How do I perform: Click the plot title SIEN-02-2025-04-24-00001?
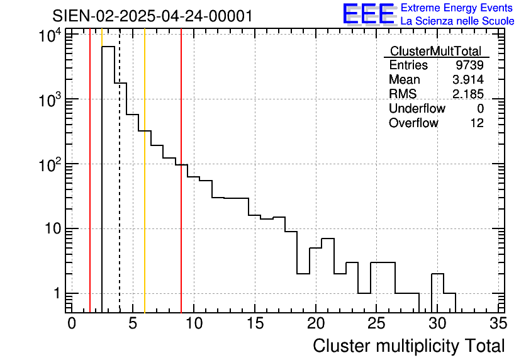click(x=152, y=16)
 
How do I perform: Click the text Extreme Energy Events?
click(x=457, y=8)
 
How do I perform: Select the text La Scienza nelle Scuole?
click(x=457, y=21)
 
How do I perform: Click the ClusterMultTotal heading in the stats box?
click(x=435, y=51)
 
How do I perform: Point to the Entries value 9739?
click(x=470, y=65)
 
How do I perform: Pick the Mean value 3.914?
click(x=467, y=80)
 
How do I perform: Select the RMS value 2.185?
click(x=467, y=94)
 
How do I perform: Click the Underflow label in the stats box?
click(x=417, y=109)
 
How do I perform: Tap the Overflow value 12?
click(x=477, y=123)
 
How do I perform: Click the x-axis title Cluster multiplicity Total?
click(x=408, y=346)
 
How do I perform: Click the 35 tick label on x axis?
click(x=498, y=323)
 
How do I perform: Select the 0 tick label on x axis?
click(x=72, y=323)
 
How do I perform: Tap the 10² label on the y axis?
click(x=48, y=165)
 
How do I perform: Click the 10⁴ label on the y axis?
click(x=48, y=37)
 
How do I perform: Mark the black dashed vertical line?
click(x=120, y=189)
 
